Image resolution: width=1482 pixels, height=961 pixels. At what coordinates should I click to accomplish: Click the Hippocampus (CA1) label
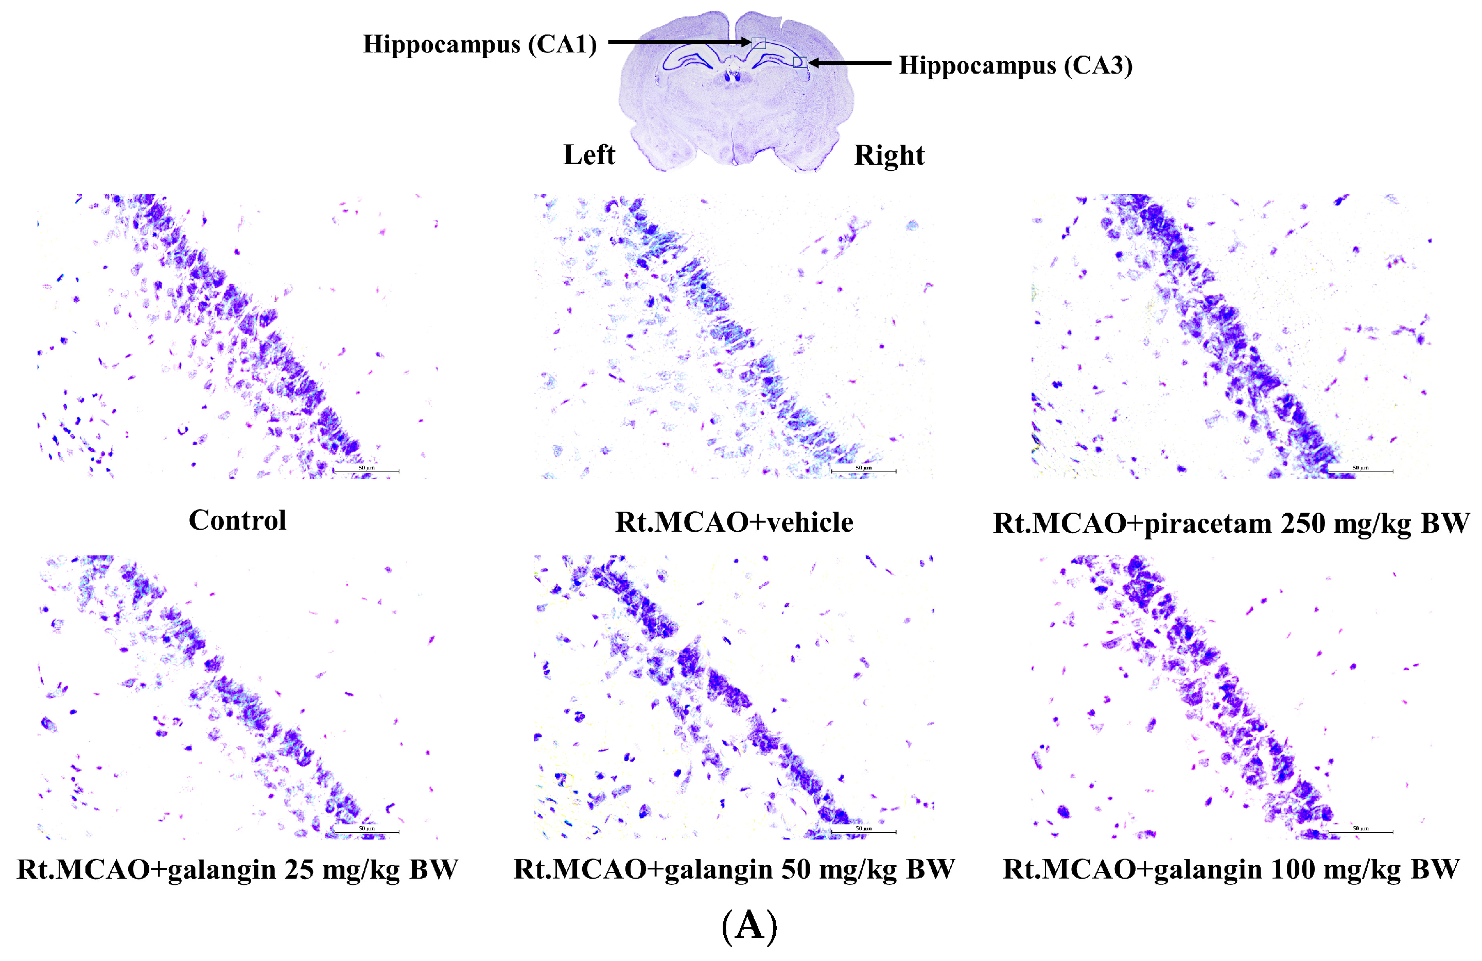[479, 44]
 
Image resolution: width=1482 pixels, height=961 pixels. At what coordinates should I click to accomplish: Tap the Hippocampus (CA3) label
[1015, 65]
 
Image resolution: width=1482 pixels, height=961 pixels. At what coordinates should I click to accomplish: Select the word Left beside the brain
[588, 155]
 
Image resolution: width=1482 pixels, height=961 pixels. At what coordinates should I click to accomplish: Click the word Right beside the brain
[888, 155]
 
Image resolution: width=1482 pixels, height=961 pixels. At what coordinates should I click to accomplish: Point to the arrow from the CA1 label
[679, 42]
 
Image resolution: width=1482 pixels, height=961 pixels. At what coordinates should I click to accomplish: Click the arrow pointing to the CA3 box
[850, 63]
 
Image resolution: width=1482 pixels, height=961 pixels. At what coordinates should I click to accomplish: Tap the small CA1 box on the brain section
[758, 43]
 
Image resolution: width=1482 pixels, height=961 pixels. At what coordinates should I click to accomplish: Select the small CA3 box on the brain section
[799, 62]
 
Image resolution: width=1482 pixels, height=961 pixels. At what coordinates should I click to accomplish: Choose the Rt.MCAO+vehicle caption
[734, 522]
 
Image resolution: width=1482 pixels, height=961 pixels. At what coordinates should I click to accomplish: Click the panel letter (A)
[749, 926]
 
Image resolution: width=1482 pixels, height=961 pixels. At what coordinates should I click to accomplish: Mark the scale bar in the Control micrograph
[366, 471]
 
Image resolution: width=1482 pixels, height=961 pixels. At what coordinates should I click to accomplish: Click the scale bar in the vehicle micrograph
[863, 471]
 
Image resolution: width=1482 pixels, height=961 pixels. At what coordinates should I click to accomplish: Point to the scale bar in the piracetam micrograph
[1360, 471]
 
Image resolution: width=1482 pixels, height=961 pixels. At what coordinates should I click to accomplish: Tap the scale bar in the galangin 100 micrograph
[1360, 831]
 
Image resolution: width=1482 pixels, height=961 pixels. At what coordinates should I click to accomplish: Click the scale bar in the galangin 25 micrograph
[366, 831]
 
